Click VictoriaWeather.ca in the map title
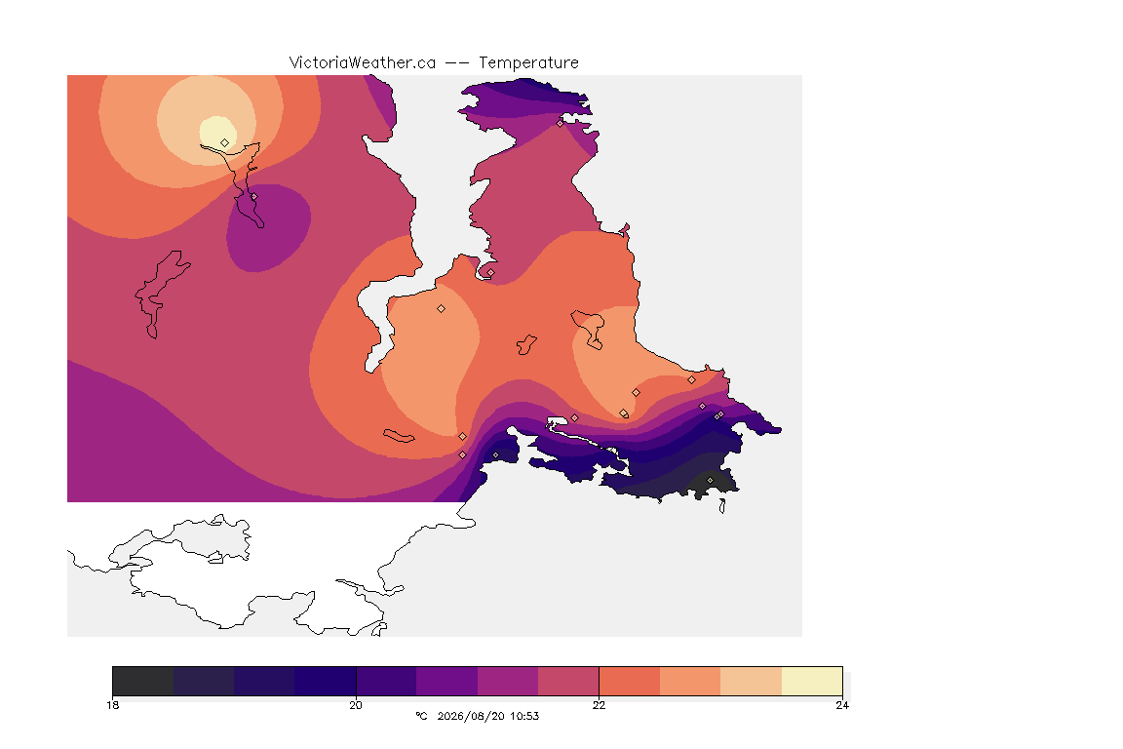click(363, 63)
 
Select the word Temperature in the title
click(528, 63)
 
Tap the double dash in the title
click(457, 63)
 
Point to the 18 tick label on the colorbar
click(113, 705)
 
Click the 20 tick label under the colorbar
click(356, 705)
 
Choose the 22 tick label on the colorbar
click(599, 705)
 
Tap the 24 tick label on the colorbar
click(842, 705)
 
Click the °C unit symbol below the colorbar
click(421, 716)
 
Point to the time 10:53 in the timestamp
click(525, 716)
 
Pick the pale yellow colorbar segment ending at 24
click(812, 681)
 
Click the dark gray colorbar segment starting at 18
click(143, 681)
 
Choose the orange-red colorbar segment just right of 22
click(630, 681)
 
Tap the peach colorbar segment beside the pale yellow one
click(752, 681)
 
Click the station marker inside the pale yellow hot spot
click(225, 142)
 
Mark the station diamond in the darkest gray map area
click(711, 480)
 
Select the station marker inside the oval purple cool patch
click(253, 196)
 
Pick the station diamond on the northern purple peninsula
click(561, 123)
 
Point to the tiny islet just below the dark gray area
click(722, 506)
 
